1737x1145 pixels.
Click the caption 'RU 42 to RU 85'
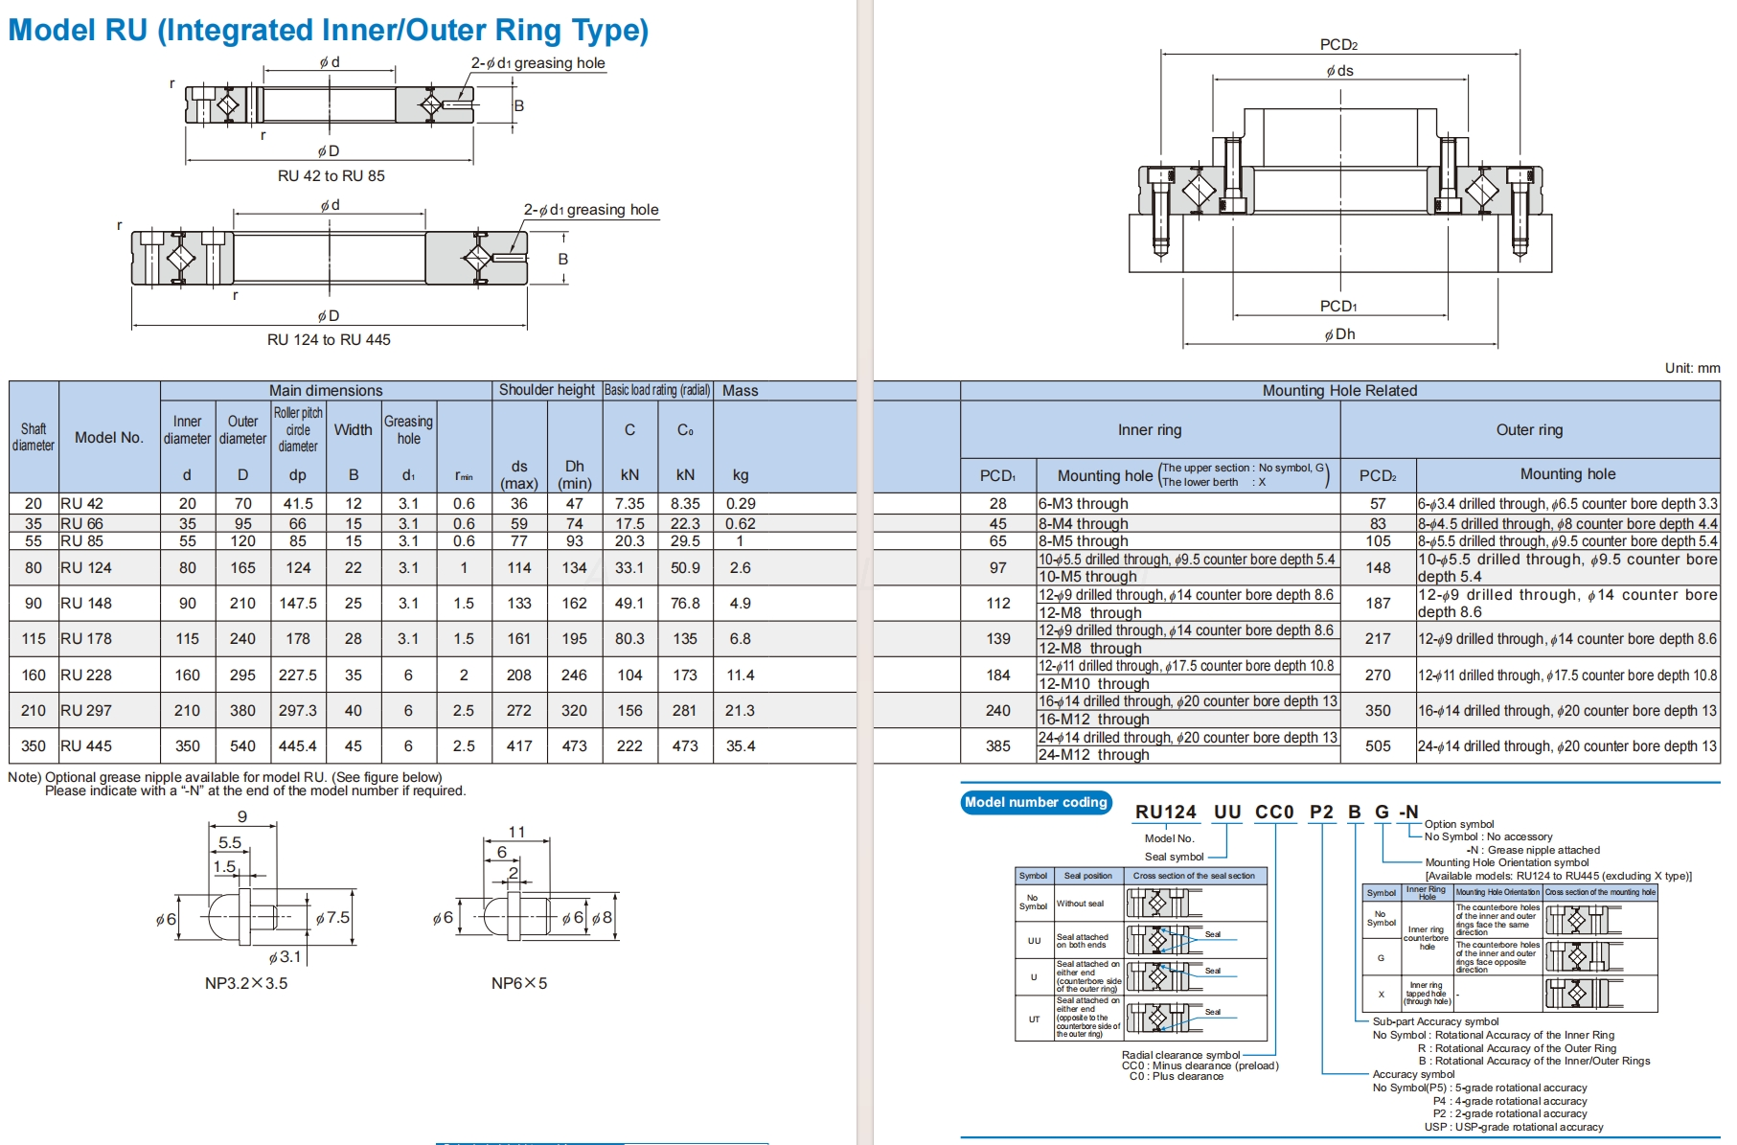coord(331,176)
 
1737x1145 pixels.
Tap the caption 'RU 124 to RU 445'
coord(329,340)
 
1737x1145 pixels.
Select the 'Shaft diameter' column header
coord(34,437)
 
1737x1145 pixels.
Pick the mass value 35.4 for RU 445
coord(741,745)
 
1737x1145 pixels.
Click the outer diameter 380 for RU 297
coord(242,710)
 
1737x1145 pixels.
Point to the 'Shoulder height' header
coord(547,390)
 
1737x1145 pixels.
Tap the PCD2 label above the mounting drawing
coord(1338,44)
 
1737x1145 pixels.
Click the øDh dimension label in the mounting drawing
coord(1339,334)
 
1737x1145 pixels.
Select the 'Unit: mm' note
coord(1692,368)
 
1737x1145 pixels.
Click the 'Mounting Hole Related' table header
coord(1339,390)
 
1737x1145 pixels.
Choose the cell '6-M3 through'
coord(1083,504)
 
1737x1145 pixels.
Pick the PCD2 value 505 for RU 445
coord(1378,745)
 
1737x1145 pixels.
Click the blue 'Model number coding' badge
coord(1036,802)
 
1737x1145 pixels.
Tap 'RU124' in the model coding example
coord(1166,813)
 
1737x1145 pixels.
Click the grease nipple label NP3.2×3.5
coord(246,983)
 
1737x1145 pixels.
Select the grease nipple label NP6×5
coord(519,983)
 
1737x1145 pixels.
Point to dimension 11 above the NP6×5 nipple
coord(516,832)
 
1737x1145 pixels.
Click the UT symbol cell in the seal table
coord(1034,1019)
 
